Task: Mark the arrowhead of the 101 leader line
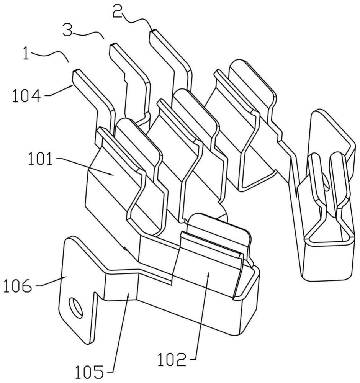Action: click(113, 175)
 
